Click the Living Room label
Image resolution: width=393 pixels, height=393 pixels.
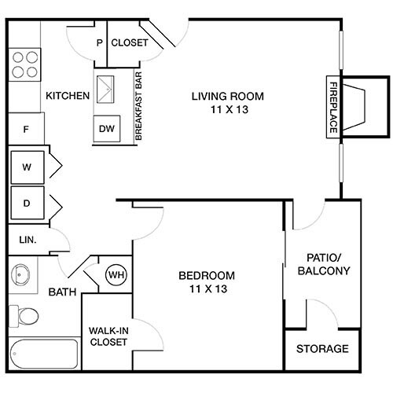(227, 102)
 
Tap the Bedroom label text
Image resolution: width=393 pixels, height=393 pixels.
(207, 281)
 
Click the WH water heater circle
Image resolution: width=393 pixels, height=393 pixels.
(116, 275)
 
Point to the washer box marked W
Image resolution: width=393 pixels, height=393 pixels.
(27, 167)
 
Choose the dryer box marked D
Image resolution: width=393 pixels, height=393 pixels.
(27, 203)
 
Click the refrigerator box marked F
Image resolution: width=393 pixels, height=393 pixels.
(25, 128)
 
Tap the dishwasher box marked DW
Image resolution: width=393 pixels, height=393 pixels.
(106, 128)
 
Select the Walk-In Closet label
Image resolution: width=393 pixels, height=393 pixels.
(108, 336)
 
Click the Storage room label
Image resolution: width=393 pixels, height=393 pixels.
(322, 349)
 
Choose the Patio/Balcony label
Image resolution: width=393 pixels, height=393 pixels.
(322, 264)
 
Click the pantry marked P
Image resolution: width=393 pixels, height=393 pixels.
(99, 43)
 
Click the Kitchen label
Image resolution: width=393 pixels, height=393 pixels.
(68, 96)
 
